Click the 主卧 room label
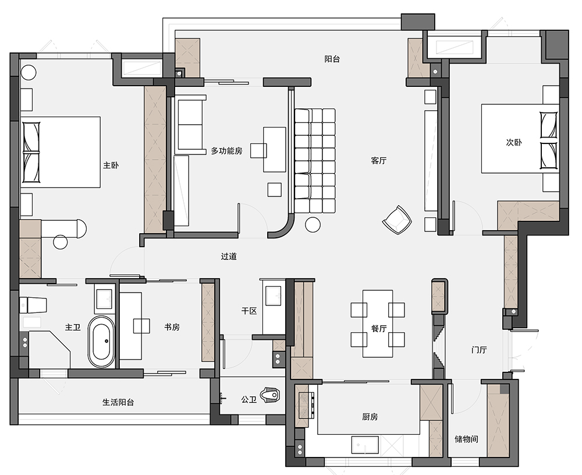coord(111,165)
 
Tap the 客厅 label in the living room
coord(379,160)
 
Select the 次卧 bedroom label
coord(514,142)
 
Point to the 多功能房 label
coord(226,151)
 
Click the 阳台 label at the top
coord(332,59)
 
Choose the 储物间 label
coord(466,439)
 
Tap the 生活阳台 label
coord(118,402)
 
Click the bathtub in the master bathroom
coord(101,342)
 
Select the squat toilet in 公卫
coord(270,395)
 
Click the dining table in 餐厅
coord(378,323)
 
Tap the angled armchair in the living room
coord(397,220)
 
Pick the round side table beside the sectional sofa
coord(313,225)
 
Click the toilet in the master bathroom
coord(33,305)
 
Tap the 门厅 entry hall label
coord(479,350)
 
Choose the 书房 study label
coord(172,327)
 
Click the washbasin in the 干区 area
coord(274,295)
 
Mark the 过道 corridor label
coord(229,256)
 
